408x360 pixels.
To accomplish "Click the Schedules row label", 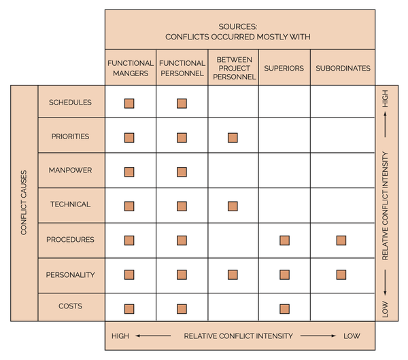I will [71, 103].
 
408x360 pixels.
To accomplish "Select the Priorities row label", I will [71, 137].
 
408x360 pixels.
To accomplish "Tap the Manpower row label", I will [71, 170].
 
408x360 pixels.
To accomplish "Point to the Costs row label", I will [71, 306].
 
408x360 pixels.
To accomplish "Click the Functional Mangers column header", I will [131, 68].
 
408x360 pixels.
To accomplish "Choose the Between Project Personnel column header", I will [233, 68].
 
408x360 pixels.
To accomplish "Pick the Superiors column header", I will [284, 68].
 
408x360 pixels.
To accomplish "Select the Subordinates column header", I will [343, 68].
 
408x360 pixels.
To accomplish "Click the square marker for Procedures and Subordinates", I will [341, 240].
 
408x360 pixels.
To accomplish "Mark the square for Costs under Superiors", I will [284, 309].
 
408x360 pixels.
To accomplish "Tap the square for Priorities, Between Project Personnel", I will [233, 137].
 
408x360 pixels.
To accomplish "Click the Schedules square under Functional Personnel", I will [182, 103].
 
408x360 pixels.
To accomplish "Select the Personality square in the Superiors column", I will [284, 274].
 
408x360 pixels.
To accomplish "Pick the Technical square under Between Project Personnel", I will [233, 206].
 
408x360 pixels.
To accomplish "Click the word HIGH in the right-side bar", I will [386, 101].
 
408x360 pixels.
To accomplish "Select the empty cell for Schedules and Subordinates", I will [343, 102].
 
